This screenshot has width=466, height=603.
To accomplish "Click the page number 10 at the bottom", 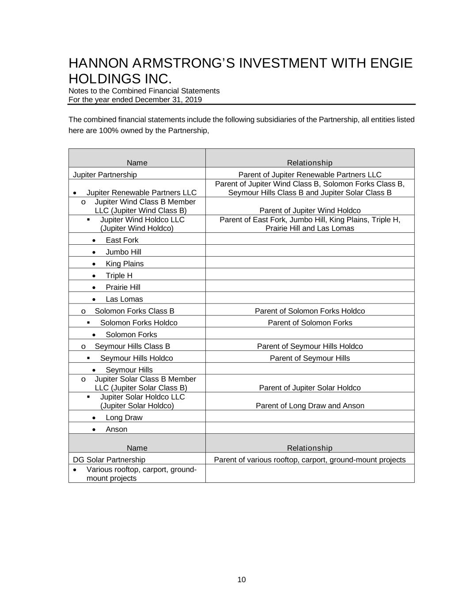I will (241, 580).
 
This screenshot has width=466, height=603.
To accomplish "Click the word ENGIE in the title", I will (391, 63).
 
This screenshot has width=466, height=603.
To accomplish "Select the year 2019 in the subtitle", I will (193, 99).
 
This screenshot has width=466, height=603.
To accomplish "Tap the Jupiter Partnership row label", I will (105, 174).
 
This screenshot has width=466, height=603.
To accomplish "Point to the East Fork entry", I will (122, 240).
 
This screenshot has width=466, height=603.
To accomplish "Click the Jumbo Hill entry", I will (123, 252).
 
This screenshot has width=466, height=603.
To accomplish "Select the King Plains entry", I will (125, 264).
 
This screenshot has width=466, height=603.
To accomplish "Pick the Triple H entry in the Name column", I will (119, 275).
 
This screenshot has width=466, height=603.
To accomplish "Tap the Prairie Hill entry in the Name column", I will (123, 287).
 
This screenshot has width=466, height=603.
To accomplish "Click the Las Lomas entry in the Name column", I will (124, 299).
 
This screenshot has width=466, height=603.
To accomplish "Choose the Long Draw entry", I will (124, 417).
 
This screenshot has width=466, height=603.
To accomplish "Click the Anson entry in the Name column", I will (116, 429).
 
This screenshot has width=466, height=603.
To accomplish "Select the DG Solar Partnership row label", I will (109, 459).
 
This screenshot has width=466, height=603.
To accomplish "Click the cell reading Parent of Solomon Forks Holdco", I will (310, 311).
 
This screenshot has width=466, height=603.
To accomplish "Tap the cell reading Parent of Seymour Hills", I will (310, 358).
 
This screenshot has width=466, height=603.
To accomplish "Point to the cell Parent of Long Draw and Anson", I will (310, 406).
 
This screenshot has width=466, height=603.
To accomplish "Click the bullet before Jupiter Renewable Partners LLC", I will (75, 193).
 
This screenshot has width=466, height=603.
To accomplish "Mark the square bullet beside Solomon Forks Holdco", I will (88, 322).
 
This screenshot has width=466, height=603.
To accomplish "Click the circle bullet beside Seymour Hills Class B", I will (83, 346).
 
